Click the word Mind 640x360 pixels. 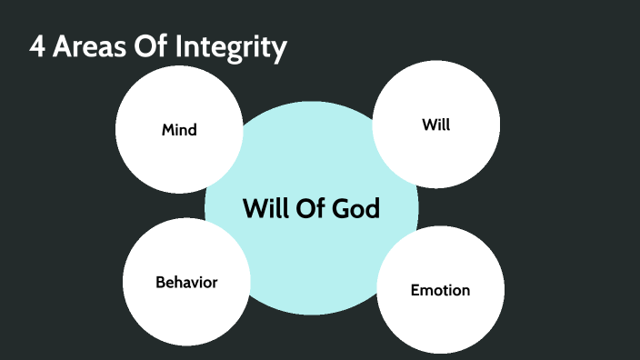(179, 130)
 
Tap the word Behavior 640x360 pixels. (186, 282)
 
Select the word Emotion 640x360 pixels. (440, 291)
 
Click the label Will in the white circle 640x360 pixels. (436, 125)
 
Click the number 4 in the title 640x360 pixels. (37, 47)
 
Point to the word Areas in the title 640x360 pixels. (91, 47)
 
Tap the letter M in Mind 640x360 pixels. (168, 130)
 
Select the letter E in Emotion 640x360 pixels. (415, 291)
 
